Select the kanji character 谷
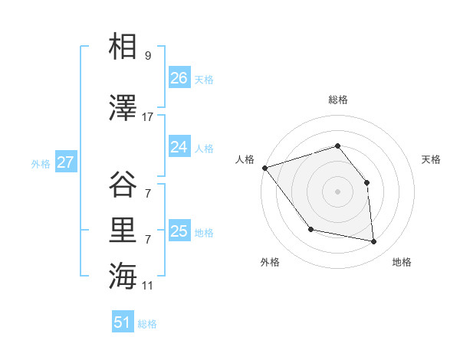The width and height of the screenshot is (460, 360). tap(123, 185)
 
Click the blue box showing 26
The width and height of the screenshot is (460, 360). tap(179, 78)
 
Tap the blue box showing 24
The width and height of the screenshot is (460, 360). tap(179, 147)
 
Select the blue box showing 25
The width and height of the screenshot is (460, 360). tap(179, 231)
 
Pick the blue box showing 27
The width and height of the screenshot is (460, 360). tap(66, 162)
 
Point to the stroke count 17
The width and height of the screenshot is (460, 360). tap(148, 117)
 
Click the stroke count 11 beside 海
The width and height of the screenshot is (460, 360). tap(148, 286)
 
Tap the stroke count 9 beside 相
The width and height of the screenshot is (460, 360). tap(148, 56)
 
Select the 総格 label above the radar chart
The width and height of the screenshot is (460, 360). tap(337, 100)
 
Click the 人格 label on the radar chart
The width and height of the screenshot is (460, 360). tap(245, 159)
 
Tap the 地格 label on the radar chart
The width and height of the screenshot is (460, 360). tap(402, 262)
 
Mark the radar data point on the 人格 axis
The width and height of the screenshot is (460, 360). tap(264, 168)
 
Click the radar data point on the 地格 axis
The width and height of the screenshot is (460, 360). tap(374, 241)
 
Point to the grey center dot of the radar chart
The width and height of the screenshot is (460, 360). tap(337, 191)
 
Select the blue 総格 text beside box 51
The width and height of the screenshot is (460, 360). tap(147, 324)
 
